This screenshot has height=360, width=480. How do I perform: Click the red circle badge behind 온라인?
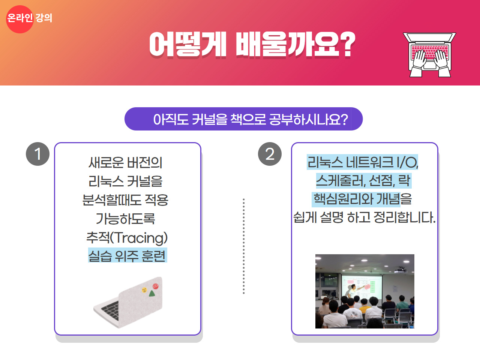pos(19,19)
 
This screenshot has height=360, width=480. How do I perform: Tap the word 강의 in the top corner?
pos(44,18)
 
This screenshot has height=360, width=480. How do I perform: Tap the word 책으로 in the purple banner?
pos(248,119)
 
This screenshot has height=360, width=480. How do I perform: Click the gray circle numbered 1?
pos(37,154)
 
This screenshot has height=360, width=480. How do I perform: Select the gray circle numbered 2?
pos(270,154)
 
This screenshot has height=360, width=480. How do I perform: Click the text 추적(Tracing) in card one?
pos(127,238)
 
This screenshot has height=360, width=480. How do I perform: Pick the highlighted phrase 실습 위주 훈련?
pos(127,255)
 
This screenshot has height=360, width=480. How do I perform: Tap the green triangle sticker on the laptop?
pos(152,293)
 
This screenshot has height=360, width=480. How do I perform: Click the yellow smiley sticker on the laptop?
pos(144,290)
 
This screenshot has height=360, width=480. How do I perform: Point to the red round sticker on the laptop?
pos(156,286)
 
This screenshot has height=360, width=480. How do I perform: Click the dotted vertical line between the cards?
pos(244,246)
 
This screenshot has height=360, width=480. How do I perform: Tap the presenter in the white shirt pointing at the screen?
pos(352,291)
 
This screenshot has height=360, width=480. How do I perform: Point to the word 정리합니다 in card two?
pos(405,217)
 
